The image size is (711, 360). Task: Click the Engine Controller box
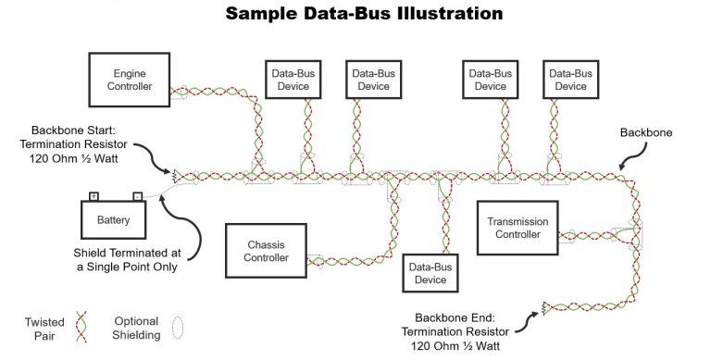(x=130, y=79)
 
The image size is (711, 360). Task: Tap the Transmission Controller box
(x=518, y=228)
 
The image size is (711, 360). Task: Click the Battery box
(x=114, y=220)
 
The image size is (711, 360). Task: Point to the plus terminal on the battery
(x=94, y=196)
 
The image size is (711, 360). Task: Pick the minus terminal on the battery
(x=136, y=196)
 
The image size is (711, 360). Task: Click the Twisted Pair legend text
(x=44, y=328)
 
